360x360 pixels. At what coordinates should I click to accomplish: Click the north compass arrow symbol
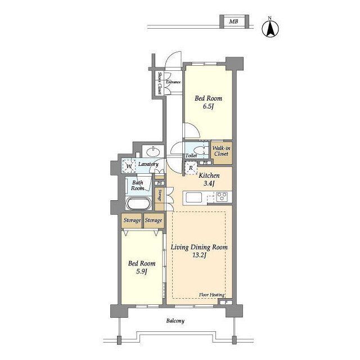tap(271, 28)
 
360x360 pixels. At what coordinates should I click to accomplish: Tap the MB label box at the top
tap(234, 21)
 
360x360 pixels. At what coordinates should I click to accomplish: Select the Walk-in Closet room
tap(221, 152)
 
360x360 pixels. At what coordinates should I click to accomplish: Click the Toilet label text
tap(191, 156)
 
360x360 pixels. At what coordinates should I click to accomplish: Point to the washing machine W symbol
tap(129, 166)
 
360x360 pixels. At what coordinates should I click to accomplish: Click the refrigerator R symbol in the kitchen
tap(191, 168)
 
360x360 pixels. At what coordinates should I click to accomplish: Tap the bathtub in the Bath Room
tap(138, 204)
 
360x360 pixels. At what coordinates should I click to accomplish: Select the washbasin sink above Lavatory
tap(153, 151)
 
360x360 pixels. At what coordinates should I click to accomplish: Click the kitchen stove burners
tap(222, 197)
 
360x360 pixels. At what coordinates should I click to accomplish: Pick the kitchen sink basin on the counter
tap(193, 197)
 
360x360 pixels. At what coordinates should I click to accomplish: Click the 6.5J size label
tap(208, 106)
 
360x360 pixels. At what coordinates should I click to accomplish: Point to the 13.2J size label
tap(199, 255)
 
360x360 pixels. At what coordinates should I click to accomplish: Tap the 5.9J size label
tap(141, 272)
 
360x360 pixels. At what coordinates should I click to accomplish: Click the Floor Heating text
tap(211, 295)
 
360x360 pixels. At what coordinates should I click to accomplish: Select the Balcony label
tap(175, 321)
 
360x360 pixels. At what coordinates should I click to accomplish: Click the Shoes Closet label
tap(159, 83)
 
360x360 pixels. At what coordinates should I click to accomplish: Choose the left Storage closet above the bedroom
tap(132, 220)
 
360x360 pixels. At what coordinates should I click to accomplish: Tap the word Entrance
tap(173, 82)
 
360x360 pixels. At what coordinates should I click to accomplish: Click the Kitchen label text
tap(209, 175)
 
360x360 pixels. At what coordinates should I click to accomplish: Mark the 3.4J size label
tap(209, 183)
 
